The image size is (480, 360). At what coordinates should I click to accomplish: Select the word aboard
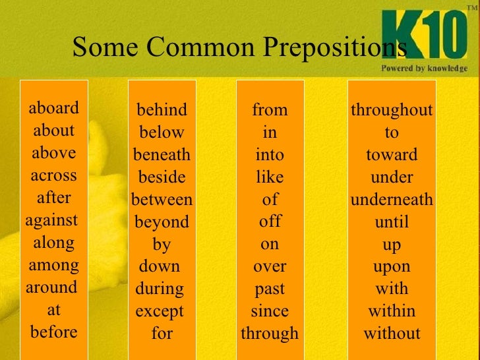(x=54, y=108)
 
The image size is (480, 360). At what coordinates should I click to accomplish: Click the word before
(x=54, y=332)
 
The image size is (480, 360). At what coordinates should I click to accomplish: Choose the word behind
(x=162, y=110)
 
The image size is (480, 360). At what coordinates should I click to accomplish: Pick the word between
(x=162, y=199)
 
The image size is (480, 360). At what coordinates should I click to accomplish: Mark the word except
(x=160, y=311)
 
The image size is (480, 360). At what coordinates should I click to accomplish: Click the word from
(x=270, y=110)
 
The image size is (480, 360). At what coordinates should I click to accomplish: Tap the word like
(x=270, y=177)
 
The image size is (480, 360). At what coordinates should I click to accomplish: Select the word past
(x=270, y=289)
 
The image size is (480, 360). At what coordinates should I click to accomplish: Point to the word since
(x=270, y=311)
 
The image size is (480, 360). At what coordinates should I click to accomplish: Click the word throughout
(x=392, y=110)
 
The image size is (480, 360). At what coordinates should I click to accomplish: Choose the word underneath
(x=392, y=199)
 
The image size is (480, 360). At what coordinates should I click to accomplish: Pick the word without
(x=392, y=333)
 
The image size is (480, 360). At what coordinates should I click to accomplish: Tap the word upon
(x=392, y=266)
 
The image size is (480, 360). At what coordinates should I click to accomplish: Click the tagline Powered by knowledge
(x=424, y=68)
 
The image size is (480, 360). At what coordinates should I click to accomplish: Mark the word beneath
(x=162, y=155)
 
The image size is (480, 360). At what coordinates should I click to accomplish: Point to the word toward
(x=392, y=155)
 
